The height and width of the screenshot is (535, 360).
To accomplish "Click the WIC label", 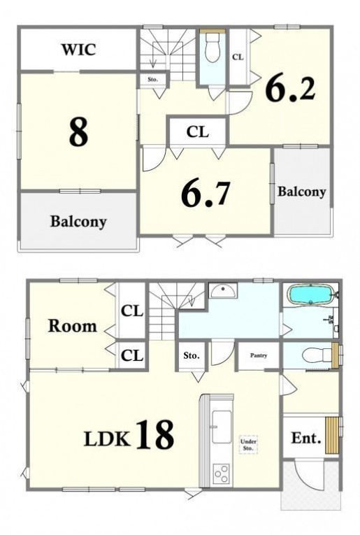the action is [x=78, y=50].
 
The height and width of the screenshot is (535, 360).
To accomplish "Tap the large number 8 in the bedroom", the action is [x=78, y=132].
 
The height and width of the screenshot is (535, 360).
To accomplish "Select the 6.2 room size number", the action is [x=291, y=87].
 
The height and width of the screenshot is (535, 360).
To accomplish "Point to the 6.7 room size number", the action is [x=206, y=194].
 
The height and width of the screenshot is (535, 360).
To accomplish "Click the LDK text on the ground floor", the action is [x=107, y=438].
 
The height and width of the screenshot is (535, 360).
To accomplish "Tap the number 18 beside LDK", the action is [x=155, y=434].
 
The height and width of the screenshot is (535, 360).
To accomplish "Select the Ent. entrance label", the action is [x=306, y=438].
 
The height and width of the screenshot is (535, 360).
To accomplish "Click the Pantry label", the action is [x=259, y=355].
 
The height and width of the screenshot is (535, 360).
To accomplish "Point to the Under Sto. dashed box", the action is [x=248, y=445].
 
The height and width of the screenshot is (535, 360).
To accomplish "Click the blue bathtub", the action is [x=310, y=294].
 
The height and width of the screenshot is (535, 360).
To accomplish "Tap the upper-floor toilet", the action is [x=213, y=48].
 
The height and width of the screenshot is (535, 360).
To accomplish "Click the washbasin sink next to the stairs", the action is [x=223, y=291].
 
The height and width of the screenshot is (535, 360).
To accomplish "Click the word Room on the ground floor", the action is [x=72, y=326].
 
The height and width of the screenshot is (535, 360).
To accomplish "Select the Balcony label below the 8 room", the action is [x=78, y=222].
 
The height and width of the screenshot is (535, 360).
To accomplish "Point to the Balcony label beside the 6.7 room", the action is [x=301, y=192].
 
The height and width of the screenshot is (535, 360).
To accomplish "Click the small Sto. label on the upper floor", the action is [x=152, y=80].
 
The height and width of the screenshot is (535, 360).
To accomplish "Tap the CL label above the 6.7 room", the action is [x=198, y=131].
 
